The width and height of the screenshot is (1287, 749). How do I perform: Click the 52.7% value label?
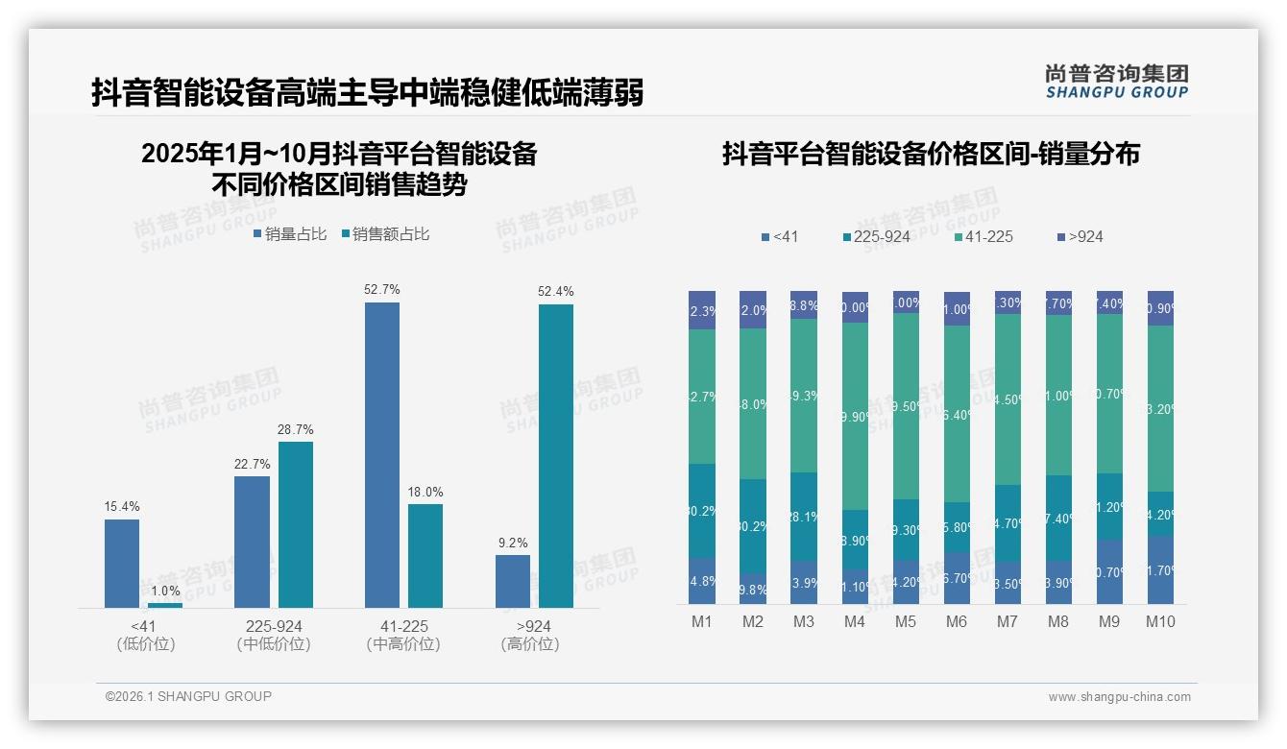[x=382, y=290]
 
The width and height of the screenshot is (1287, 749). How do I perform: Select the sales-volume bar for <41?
[x=122, y=563]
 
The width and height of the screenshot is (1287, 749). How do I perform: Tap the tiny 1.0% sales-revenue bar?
[x=165, y=605]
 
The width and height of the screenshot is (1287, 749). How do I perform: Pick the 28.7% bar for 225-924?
[x=296, y=524]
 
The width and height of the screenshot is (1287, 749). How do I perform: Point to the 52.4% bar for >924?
[x=556, y=456]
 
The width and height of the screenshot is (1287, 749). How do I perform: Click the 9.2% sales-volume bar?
[x=513, y=581]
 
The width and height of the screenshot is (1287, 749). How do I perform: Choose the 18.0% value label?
[x=425, y=493]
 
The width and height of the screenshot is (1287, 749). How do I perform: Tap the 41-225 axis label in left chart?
[x=403, y=626]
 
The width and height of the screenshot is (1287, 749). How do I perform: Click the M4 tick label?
[x=855, y=621]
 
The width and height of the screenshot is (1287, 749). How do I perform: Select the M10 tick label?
[x=1160, y=621]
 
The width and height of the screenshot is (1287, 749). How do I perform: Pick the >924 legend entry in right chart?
[x=1080, y=236]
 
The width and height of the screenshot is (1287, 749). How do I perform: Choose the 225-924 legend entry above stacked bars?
[x=876, y=236]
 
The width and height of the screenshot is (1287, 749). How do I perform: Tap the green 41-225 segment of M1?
[x=702, y=397]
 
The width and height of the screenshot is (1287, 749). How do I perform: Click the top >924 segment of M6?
[x=957, y=308]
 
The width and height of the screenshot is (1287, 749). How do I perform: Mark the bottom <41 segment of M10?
[x=1160, y=569]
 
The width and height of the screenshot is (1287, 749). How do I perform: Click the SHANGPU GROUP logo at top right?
[x=1116, y=82]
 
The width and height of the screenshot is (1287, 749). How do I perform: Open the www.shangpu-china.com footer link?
[x=1119, y=697]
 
